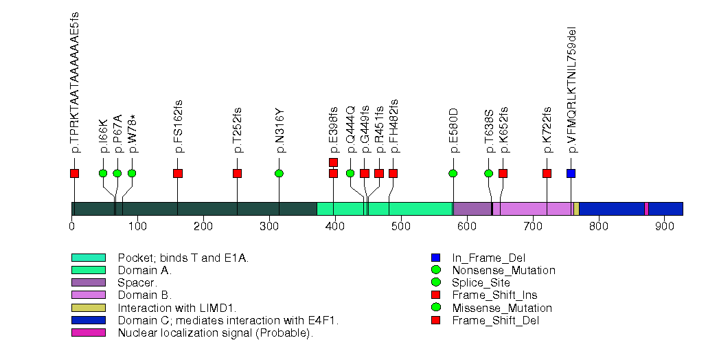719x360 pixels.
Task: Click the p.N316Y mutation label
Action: coord(279,131)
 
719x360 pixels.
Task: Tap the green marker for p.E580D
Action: coord(453,173)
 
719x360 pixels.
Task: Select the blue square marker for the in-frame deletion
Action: coord(571,173)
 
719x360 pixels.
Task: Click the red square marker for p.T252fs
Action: coord(237,173)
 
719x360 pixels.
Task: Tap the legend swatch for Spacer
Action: coord(89,282)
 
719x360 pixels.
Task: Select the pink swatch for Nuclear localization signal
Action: coord(89,333)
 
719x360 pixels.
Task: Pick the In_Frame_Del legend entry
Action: coord(488,258)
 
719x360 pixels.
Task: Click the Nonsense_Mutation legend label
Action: coord(503,270)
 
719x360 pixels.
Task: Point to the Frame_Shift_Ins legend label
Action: coord(495,295)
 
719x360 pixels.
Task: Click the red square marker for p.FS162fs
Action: coord(178,173)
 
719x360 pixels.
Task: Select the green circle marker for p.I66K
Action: coord(103,173)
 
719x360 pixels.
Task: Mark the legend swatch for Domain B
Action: coord(89,295)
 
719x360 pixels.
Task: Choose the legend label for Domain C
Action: coord(228,320)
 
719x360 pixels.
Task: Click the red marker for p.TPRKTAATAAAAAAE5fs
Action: coord(74,173)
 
